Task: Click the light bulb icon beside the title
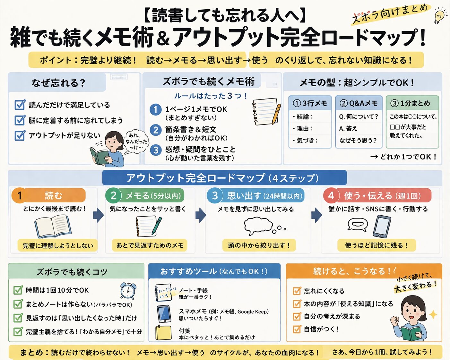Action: click(x=440, y=16)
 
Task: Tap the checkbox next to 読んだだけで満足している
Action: click(x=20, y=105)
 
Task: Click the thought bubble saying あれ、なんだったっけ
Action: click(x=136, y=141)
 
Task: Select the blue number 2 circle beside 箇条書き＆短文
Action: click(x=156, y=130)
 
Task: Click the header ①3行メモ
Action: click(x=310, y=103)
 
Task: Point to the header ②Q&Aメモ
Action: click(x=359, y=103)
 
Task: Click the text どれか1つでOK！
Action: click(x=403, y=157)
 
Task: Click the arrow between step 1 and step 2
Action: click(x=98, y=215)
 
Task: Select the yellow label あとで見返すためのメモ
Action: click(x=150, y=245)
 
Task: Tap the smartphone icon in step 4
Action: click(x=382, y=226)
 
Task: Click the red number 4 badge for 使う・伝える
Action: click(x=331, y=195)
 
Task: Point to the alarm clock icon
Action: click(x=128, y=291)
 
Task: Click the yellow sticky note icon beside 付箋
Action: click(x=163, y=333)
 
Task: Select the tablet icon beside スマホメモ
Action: click(x=164, y=313)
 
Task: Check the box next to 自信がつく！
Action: click(x=297, y=329)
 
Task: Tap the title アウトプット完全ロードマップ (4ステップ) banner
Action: click(x=224, y=178)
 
